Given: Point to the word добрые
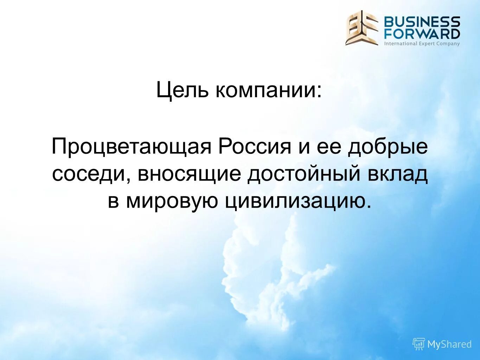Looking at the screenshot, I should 388,147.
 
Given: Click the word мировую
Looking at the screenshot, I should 172,201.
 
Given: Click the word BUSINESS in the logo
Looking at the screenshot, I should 422,22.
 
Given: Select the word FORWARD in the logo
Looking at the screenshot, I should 422,34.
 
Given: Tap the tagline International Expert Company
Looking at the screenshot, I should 422,44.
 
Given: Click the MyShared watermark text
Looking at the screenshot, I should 449,344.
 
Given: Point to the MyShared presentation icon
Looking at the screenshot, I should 418,344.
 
